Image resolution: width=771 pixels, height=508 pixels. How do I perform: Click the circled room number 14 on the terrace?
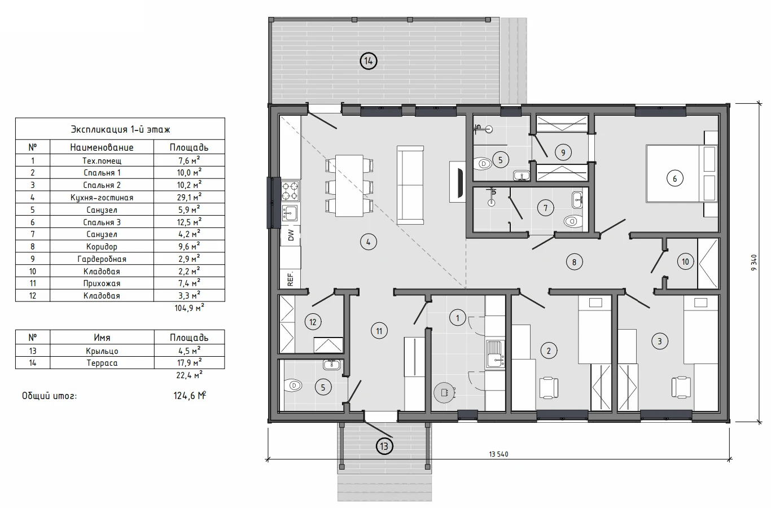369,62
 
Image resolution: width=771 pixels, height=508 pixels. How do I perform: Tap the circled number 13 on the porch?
384,446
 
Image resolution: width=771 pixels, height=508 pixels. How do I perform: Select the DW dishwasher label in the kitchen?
291,235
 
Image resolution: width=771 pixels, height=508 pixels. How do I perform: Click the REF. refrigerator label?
291,279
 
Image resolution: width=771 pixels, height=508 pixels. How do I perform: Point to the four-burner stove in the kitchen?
290,191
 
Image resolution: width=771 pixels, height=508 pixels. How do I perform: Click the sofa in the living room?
410,185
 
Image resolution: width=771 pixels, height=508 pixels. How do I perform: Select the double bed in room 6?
681,173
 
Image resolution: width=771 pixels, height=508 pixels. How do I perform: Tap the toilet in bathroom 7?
573,221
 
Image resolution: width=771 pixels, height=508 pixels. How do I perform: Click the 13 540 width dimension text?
498,454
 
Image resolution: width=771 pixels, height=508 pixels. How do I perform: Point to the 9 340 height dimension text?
754,262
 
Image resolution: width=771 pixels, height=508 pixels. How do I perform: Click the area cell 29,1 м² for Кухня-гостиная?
189,197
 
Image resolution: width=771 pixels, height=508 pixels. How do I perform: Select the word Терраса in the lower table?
102,363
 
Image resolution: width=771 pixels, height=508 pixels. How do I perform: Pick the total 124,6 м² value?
190,396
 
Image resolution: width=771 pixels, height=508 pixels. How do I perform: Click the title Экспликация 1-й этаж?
120,129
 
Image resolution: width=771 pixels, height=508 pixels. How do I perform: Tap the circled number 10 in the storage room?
685,262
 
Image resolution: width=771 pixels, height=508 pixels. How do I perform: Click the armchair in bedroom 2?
549,388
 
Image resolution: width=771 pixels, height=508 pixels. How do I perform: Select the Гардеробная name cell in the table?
102,259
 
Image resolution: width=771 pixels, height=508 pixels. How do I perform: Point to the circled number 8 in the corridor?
574,262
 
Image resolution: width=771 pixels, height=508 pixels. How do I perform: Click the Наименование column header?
102,147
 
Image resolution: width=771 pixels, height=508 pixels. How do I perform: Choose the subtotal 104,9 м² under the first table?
189,308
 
